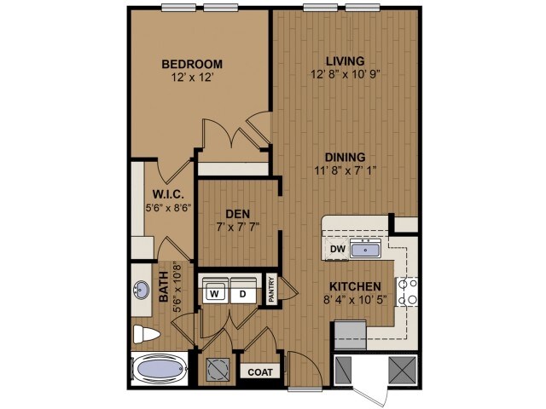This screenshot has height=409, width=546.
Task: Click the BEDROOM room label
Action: tap(193, 64)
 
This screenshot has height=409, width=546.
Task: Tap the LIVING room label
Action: tap(346, 60)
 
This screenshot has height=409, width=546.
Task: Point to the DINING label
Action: tap(345, 157)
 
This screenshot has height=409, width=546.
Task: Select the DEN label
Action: tap(237, 213)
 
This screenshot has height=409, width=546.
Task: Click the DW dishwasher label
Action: tap(337, 250)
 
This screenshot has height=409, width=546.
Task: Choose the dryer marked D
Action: tap(242, 293)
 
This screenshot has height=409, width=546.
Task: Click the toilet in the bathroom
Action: tap(143, 333)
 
